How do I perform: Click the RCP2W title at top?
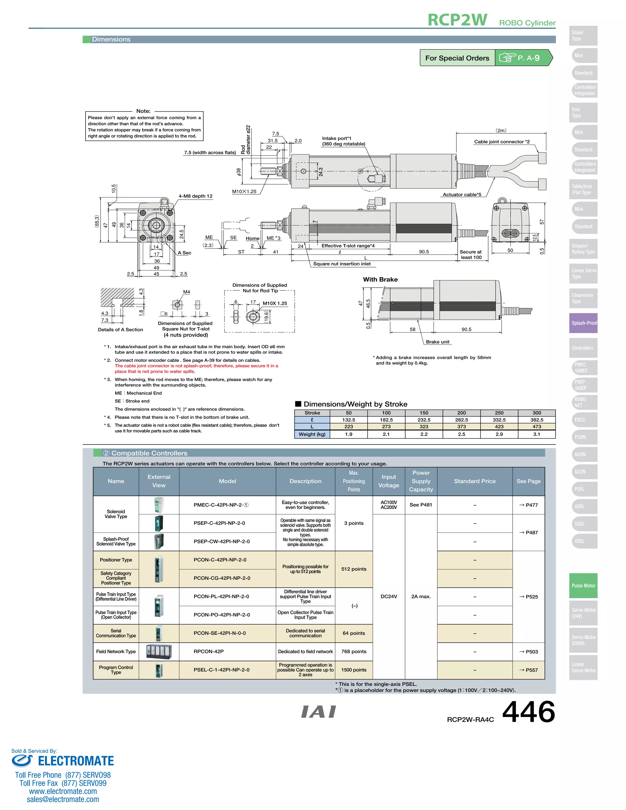pyautogui.click(x=457, y=20)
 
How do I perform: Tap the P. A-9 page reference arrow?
pyautogui.click(x=524, y=58)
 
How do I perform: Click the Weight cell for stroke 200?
pyautogui.click(x=461, y=434)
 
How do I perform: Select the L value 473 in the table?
pyautogui.click(x=537, y=427)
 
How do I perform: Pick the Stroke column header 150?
pyautogui.click(x=424, y=413)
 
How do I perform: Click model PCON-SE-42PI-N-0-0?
pyautogui.click(x=219, y=633)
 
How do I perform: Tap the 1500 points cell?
pyautogui.click(x=353, y=670)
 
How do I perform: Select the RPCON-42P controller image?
pyautogui.click(x=159, y=652)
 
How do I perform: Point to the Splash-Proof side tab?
pyautogui.click(x=583, y=323)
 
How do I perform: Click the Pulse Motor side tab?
pyautogui.click(x=583, y=586)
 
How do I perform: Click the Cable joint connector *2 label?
pyautogui.click(x=501, y=142)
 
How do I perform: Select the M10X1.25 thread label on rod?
pyautogui.click(x=244, y=191)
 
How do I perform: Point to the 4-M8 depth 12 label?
pyautogui.click(x=195, y=196)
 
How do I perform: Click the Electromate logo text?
pyautogui.click(x=76, y=761)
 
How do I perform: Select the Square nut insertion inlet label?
pyautogui.click(x=341, y=264)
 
